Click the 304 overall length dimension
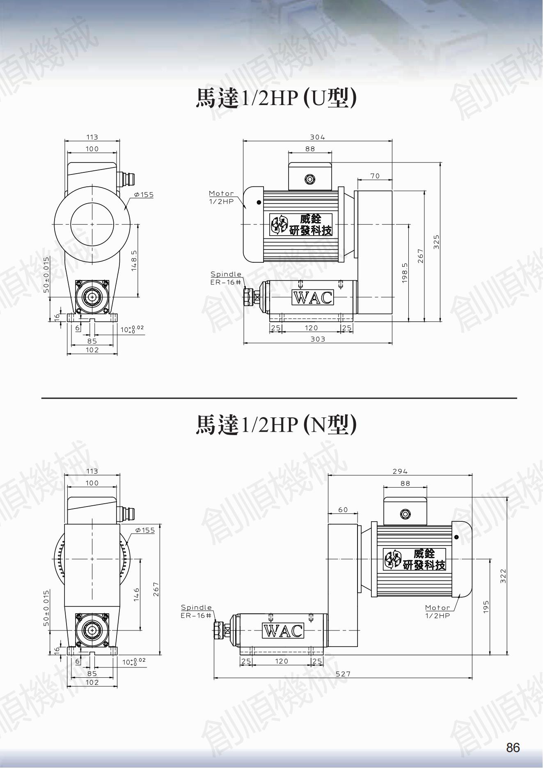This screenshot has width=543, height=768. (317, 137)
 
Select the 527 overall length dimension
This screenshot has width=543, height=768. (343, 674)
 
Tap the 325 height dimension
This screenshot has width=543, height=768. (436, 242)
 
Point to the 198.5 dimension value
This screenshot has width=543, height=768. (405, 273)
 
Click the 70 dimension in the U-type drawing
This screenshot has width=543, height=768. (375, 176)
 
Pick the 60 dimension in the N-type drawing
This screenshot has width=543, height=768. (343, 510)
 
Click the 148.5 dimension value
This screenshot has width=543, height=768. (134, 261)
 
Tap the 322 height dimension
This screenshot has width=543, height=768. (503, 576)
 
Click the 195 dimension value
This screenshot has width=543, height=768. (486, 606)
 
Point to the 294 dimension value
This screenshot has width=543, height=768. (400, 471)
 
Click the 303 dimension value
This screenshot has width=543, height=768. (318, 339)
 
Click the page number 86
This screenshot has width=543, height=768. (513, 747)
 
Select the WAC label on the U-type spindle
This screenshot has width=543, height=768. (313, 297)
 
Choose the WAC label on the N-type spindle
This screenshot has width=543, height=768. (283, 630)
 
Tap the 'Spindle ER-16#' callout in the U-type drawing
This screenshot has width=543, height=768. (226, 278)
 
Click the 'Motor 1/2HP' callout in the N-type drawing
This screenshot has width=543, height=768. (438, 611)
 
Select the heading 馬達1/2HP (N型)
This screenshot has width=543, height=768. (276, 424)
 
